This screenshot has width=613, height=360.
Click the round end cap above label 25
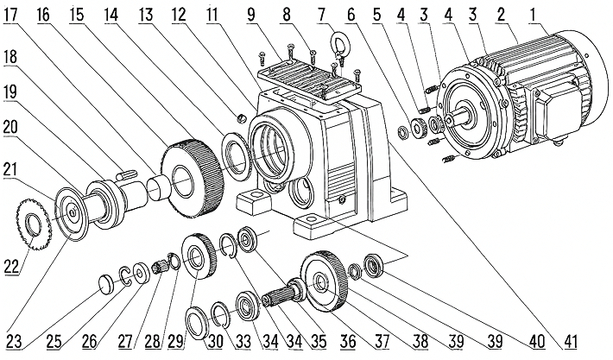pos(104,281)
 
